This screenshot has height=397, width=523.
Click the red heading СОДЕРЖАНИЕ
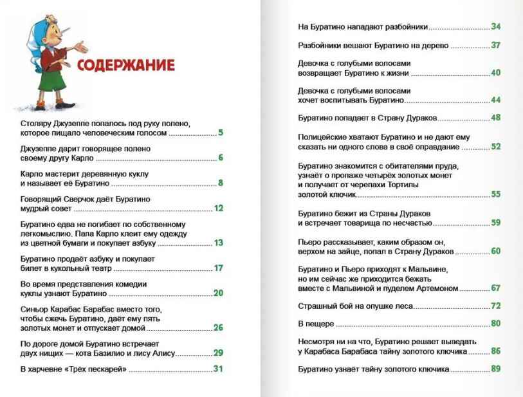click(x=125, y=65)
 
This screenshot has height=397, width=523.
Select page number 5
click(x=220, y=133)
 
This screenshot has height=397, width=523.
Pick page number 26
click(x=218, y=328)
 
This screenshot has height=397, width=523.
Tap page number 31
click(x=218, y=369)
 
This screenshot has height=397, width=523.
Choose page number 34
click(x=495, y=27)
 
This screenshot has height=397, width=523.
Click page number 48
click(x=495, y=118)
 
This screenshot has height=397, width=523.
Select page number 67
click(x=495, y=288)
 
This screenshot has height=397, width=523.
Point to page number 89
click(x=495, y=369)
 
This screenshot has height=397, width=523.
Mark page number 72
click(x=495, y=306)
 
